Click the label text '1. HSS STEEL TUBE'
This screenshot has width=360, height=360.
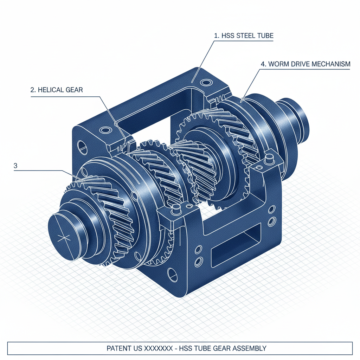pyautogui.click(x=244, y=36)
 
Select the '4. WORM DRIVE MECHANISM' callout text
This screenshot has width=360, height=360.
pyautogui.click(x=305, y=64)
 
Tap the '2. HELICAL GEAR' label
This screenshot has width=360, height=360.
pyautogui.click(x=57, y=90)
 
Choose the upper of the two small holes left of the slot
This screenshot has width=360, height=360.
pyautogui.click(x=198, y=250)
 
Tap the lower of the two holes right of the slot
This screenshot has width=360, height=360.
pyautogui.click(x=271, y=221)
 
